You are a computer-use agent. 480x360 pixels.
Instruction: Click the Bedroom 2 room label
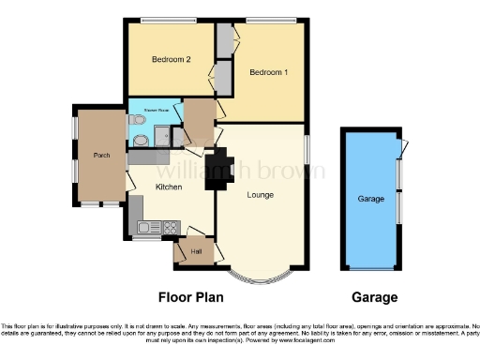coord(172,60)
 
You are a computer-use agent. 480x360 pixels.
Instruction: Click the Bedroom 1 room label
coord(268,72)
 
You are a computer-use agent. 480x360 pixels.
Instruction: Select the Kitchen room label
coord(168,187)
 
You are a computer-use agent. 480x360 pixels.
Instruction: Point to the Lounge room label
coord(260,195)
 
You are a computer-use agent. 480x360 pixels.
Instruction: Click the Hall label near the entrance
coord(196,251)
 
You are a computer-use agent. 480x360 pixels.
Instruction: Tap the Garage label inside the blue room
coord(371,199)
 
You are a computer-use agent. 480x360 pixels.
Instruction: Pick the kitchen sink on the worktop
coord(146,227)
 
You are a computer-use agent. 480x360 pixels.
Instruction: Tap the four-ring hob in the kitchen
coord(172,227)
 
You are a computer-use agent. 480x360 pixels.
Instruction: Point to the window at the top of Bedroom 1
coord(272,20)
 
